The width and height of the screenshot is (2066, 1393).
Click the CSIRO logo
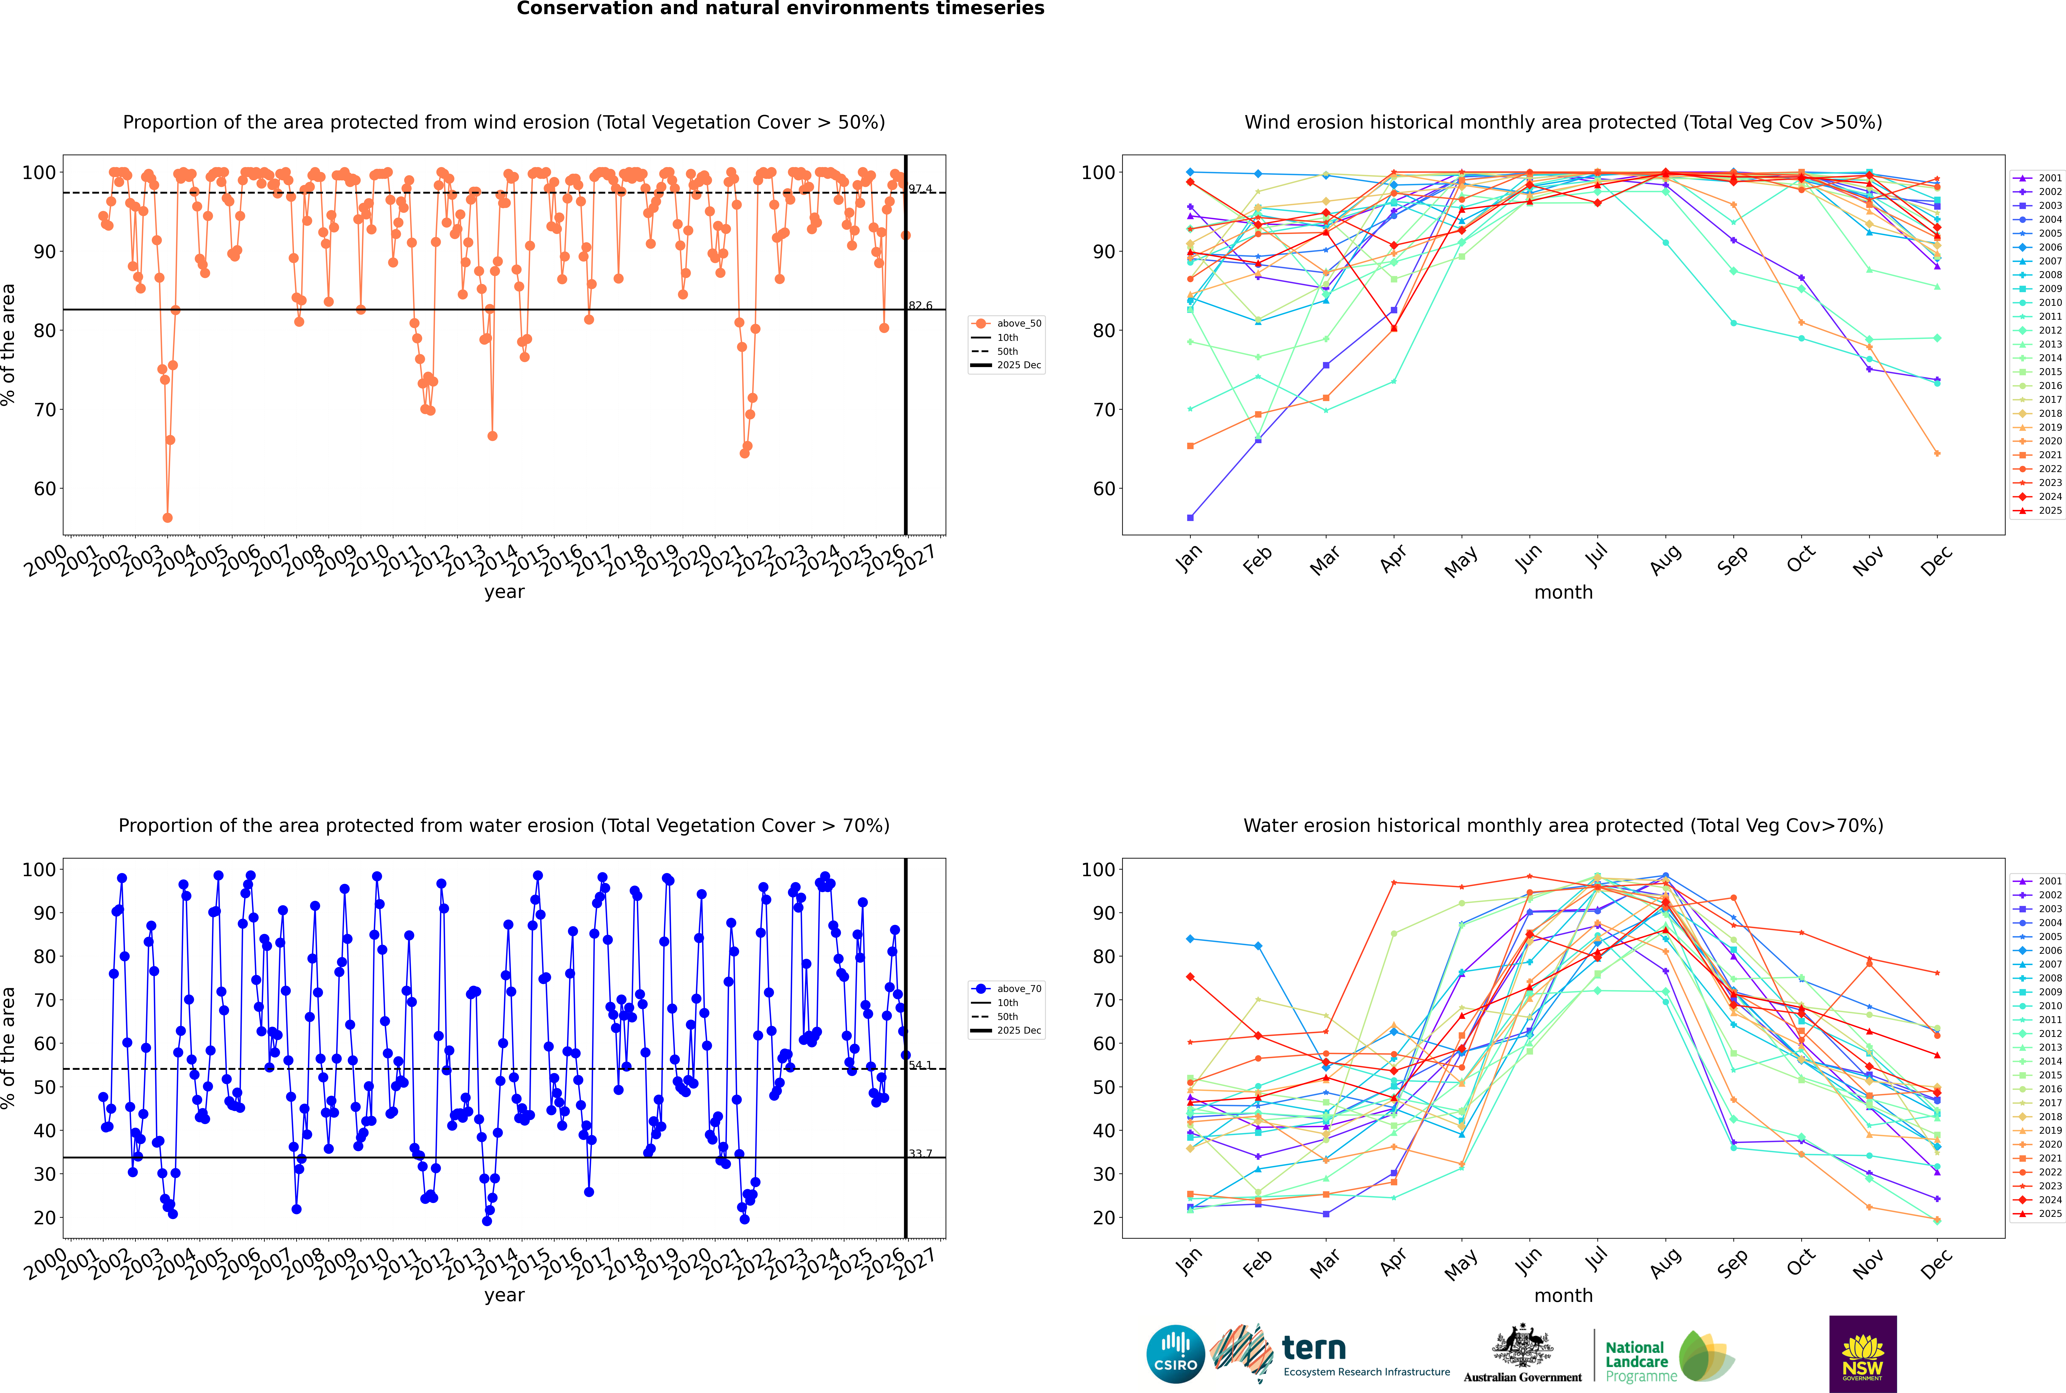click(1175, 1354)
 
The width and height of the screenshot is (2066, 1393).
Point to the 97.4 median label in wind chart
click(920, 188)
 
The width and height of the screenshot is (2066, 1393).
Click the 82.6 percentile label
click(920, 306)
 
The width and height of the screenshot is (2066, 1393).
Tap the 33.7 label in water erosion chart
click(920, 1153)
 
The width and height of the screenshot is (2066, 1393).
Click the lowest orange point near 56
click(167, 517)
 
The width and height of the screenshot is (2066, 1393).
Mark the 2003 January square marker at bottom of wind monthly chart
click(1190, 517)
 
